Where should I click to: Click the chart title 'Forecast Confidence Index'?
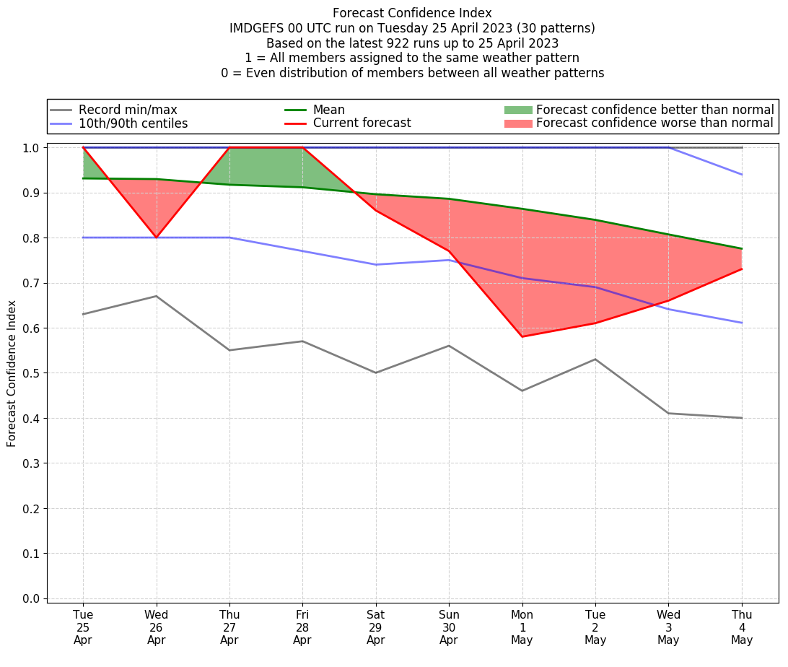pyautogui.click(x=412, y=13)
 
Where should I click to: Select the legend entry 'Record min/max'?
pyautogui.click(x=128, y=110)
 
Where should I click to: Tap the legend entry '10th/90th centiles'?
pyautogui.click(x=133, y=123)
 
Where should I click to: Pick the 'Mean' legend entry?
pyautogui.click(x=328, y=110)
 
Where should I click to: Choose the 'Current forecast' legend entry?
pyautogui.click(x=362, y=123)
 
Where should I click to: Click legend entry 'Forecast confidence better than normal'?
pyautogui.click(x=655, y=110)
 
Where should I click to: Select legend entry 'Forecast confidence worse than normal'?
pyautogui.click(x=655, y=123)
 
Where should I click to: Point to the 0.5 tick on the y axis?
pyautogui.click(x=32, y=373)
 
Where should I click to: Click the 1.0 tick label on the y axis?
pyautogui.click(x=32, y=148)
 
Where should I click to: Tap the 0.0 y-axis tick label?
pyautogui.click(x=32, y=598)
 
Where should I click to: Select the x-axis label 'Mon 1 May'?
pyautogui.click(x=522, y=627)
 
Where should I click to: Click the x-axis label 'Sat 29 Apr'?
pyautogui.click(x=375, y=627)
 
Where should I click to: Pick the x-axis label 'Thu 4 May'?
pyautogui.click(x=742, y=627)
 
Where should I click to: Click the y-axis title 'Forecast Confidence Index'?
pyautogui.click(x=12, y=373)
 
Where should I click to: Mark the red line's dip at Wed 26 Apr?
pyautogui.click(x=156, y=237)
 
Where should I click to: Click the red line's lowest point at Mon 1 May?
pyautogui.click(x=522, y=336)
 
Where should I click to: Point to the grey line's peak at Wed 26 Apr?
pyautogui.click(x=156, y=296)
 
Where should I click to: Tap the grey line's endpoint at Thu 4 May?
pyautogui.click(x=742, y=418)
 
